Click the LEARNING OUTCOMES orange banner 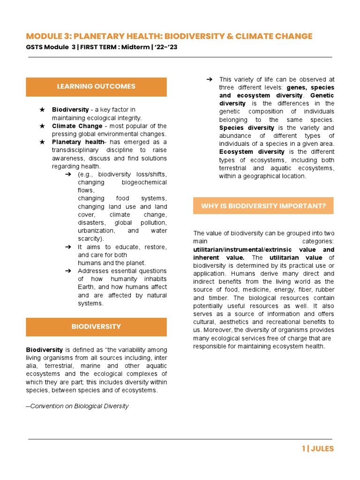(96, 87)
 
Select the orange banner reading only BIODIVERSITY (96, 327)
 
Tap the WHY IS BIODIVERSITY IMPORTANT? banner (263, 206)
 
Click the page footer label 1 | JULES (318, 449)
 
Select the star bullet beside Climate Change (42, 126)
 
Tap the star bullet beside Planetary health (42, 142)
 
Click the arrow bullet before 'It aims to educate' (68, 247)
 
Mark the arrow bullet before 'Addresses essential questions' (68, 271)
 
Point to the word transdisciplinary (75, 150)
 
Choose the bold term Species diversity (247, 128)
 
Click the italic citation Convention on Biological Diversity (79, 406)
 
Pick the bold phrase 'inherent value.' (218, 257)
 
